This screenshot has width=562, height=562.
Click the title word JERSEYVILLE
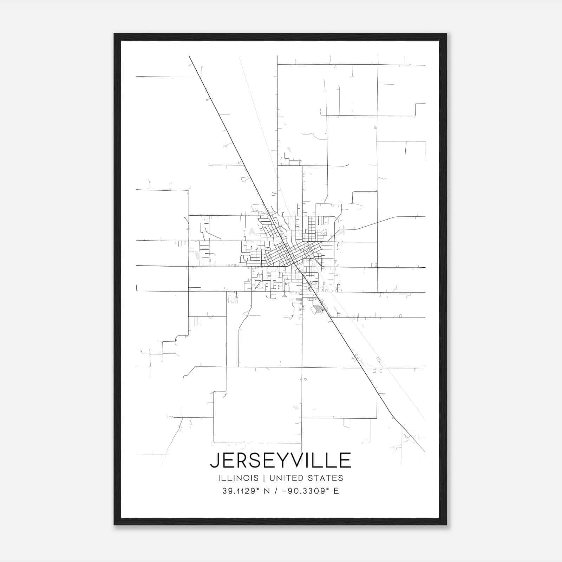[281, 460]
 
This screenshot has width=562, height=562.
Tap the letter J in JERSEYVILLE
[214, 460]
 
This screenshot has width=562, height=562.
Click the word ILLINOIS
[238, 478]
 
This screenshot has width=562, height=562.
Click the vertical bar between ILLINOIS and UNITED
[263, 478]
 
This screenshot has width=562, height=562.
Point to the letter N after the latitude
[267, 491]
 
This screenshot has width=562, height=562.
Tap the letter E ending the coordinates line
[336, 491]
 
